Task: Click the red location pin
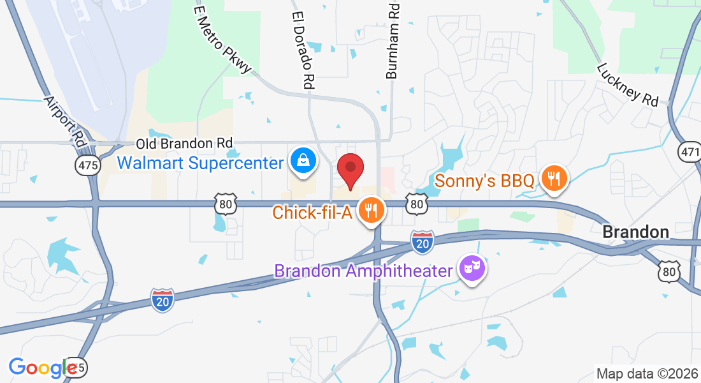point(350,169)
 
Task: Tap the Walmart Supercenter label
point(200,163)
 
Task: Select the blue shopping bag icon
point(302,161)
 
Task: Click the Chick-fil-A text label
point(312,212)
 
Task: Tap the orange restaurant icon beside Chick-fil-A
point(370,209)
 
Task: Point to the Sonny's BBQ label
point(484,181)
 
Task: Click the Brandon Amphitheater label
point(363,271)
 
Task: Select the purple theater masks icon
point(472,269)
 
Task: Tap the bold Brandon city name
point(635,232)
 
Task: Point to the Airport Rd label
point(66,122)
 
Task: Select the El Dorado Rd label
point(304,49)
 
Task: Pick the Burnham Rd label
point(393,40)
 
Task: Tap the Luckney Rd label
point(628,84)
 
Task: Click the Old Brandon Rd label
point(184,144)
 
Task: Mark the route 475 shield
point(87,166)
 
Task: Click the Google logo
point(42,368)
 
